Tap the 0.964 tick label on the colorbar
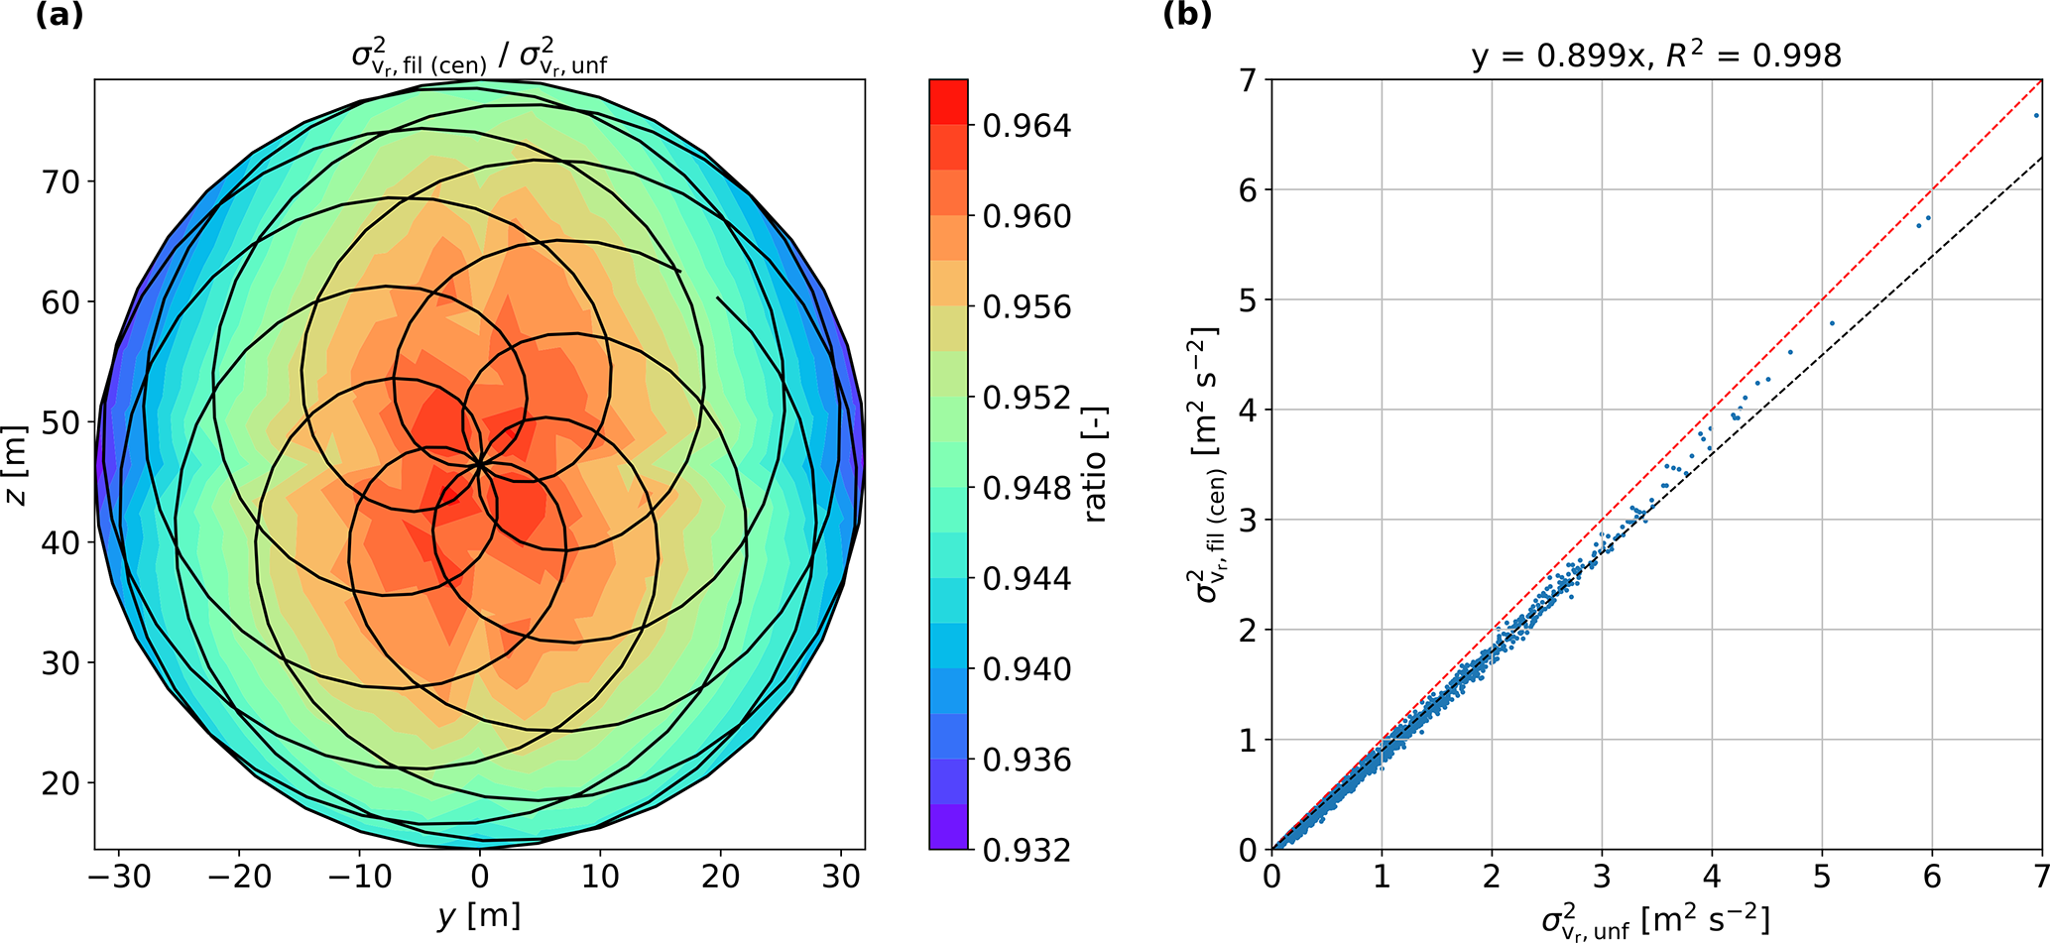point(1026,127)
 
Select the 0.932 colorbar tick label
point(1026,851)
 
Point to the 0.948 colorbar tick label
point(1026,489)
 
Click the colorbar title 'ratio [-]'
point(1095,464)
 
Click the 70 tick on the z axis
point(60,182)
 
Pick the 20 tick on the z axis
point(60,783)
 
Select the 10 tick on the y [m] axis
point(600,877)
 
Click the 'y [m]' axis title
point(479,915)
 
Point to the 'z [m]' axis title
point(17,464)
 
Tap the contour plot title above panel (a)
point(479,58)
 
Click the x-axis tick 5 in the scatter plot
point(1822,877)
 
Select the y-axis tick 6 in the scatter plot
point(1248,190)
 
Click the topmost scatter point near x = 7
point(2036,116)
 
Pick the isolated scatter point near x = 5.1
point(1832,323)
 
